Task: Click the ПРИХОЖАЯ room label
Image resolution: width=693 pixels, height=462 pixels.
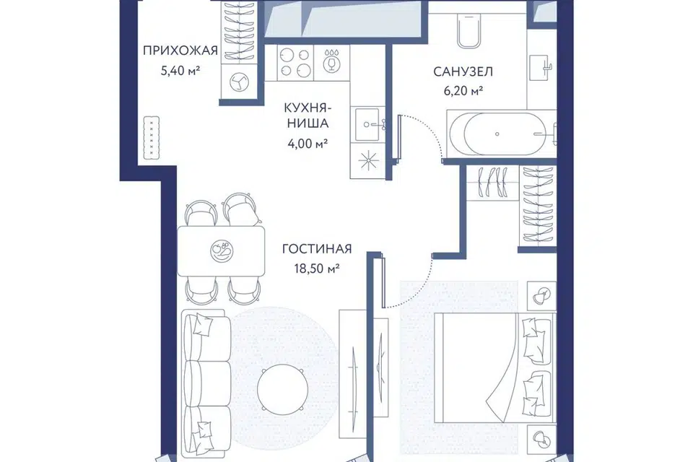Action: coord(180,51)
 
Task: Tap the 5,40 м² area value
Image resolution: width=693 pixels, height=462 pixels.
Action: coord(180,71)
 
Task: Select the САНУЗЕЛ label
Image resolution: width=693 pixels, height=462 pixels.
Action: coord(463,71)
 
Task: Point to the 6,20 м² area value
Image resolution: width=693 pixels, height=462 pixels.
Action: coord(463,91)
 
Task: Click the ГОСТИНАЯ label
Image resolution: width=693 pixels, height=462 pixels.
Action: coord(317,249)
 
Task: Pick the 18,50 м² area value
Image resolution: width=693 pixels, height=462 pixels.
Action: coord(317,269)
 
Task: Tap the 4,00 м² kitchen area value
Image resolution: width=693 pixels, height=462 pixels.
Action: coord(308,144)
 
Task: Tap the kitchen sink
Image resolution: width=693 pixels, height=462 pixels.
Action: coord(368,125)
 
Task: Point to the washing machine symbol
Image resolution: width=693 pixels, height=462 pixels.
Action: coord(239,82)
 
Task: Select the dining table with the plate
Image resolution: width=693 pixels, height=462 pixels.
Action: coord(221,251)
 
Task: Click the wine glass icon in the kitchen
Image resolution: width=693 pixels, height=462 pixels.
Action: coord(331,60)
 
